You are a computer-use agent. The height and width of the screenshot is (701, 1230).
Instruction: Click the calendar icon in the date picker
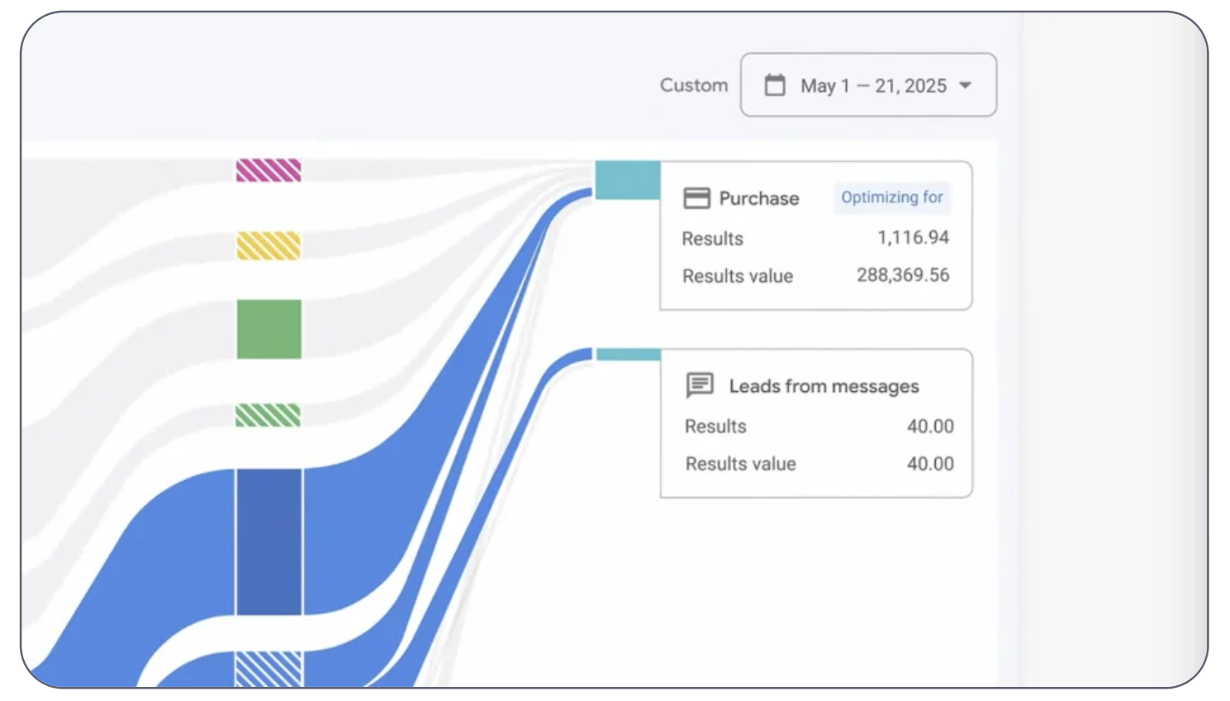(x=775, y=85)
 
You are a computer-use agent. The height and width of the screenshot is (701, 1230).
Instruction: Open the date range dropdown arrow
(x=966, y=85)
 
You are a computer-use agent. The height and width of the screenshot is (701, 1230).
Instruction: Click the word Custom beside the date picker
(x=694, y=85)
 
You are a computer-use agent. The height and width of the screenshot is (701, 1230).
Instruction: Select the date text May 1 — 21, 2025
(x=874, y=85)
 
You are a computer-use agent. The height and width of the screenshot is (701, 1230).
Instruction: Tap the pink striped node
(x=269, y=170)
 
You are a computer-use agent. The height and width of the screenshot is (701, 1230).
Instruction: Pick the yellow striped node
(x=269, y=245)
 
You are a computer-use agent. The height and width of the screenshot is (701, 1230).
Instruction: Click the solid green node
(x=269, y=329)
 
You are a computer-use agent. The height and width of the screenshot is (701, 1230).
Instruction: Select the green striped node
(x=268, y=415)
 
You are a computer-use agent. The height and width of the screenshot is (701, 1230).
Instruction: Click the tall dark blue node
(x=269, y=542)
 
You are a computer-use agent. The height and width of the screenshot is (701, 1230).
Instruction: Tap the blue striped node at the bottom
(x=269, y=670)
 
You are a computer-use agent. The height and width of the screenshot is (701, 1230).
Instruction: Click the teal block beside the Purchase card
(x=627, y=180)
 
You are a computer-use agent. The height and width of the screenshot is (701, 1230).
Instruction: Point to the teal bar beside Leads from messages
(x=629, y=355)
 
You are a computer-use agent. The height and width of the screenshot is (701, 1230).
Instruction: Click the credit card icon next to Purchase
(x=697, y=198)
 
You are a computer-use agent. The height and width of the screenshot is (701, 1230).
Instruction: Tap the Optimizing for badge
(x=893, y=197)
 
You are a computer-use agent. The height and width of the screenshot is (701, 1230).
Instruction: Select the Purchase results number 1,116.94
(x=913, y=238)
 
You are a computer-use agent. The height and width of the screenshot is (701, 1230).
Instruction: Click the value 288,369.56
(x=903, y=275)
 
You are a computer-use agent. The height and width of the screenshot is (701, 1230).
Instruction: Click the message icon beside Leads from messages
(x=700, y=385)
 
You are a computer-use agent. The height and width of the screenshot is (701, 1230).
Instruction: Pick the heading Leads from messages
(x=824, y=386)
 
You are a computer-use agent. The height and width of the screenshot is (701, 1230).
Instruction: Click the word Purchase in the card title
(x=759, y=198)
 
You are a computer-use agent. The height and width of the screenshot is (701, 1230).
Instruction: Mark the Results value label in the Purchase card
(x=738, y=276)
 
